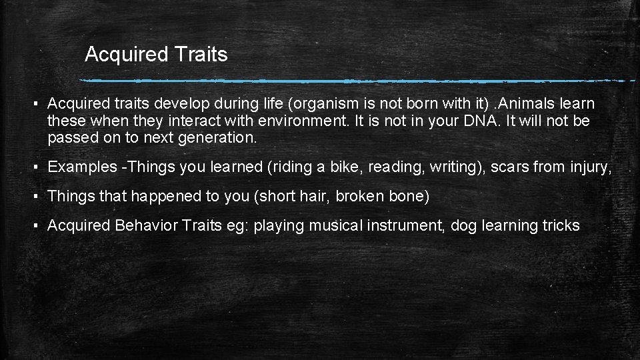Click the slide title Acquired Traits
point(156,54)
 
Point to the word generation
point(219,138)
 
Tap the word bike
point(344,167)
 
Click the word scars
point(510,167)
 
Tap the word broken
point(363,196)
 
